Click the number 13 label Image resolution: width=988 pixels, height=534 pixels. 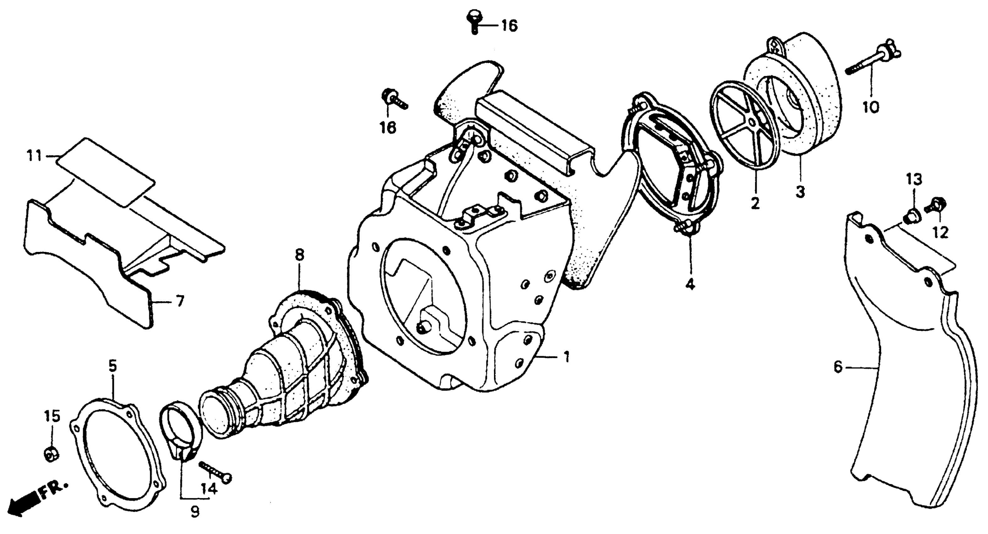coord(914,179)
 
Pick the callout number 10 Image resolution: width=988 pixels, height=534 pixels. coord(871,108)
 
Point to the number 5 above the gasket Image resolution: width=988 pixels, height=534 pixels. coord(113,367)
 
